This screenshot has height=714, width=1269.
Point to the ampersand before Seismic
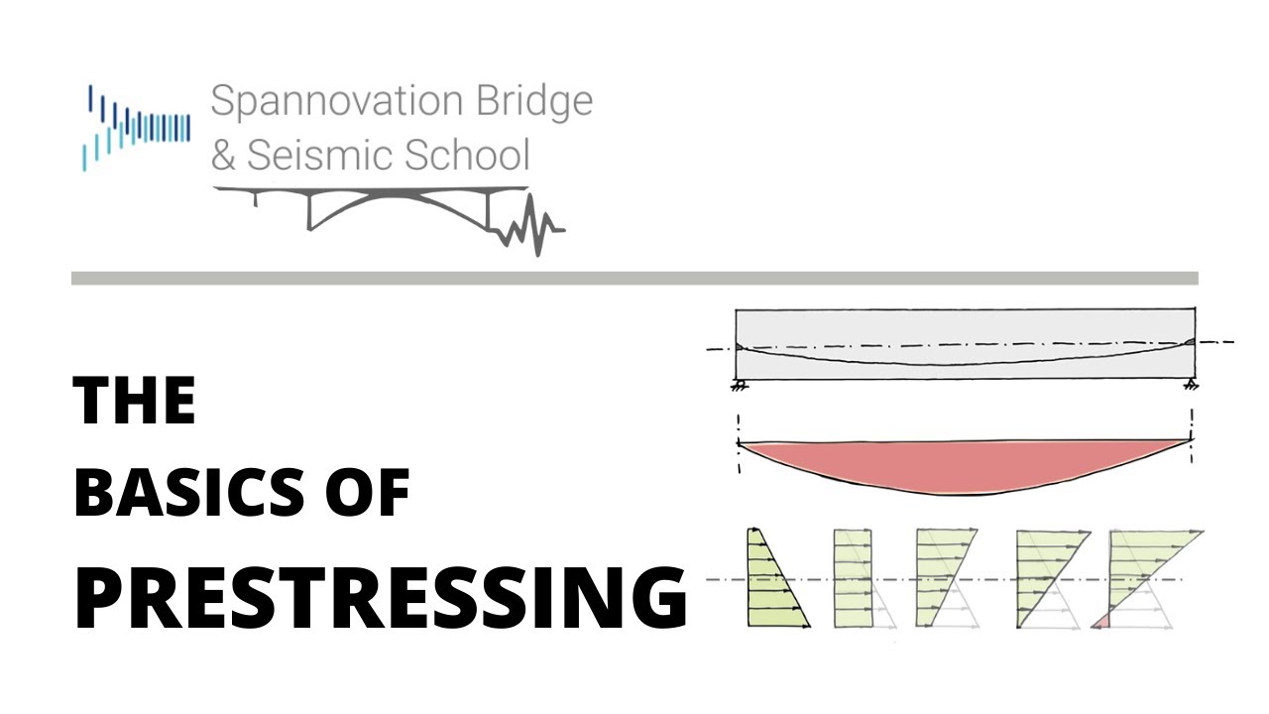pyautogui.click(x=224, y=157)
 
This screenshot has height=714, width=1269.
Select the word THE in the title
pyautogui.click(x=134, y=402)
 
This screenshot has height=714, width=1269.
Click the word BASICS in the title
pyautogui.click(x=187, y=492)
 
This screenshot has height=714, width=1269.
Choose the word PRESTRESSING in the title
pyautogui.click(x=381, y=598)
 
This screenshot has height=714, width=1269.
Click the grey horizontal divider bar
pyautogui.click(x=634, y=279)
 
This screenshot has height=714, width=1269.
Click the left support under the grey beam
pyautogui.click(x=739, y=385)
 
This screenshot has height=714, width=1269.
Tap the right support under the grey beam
pyautogui.click(x=1192, y=385)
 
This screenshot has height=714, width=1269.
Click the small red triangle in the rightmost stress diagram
pyautogui.click(x=1100, y=622)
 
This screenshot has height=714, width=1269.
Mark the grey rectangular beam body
pyautogui.click(x=962, y=327)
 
